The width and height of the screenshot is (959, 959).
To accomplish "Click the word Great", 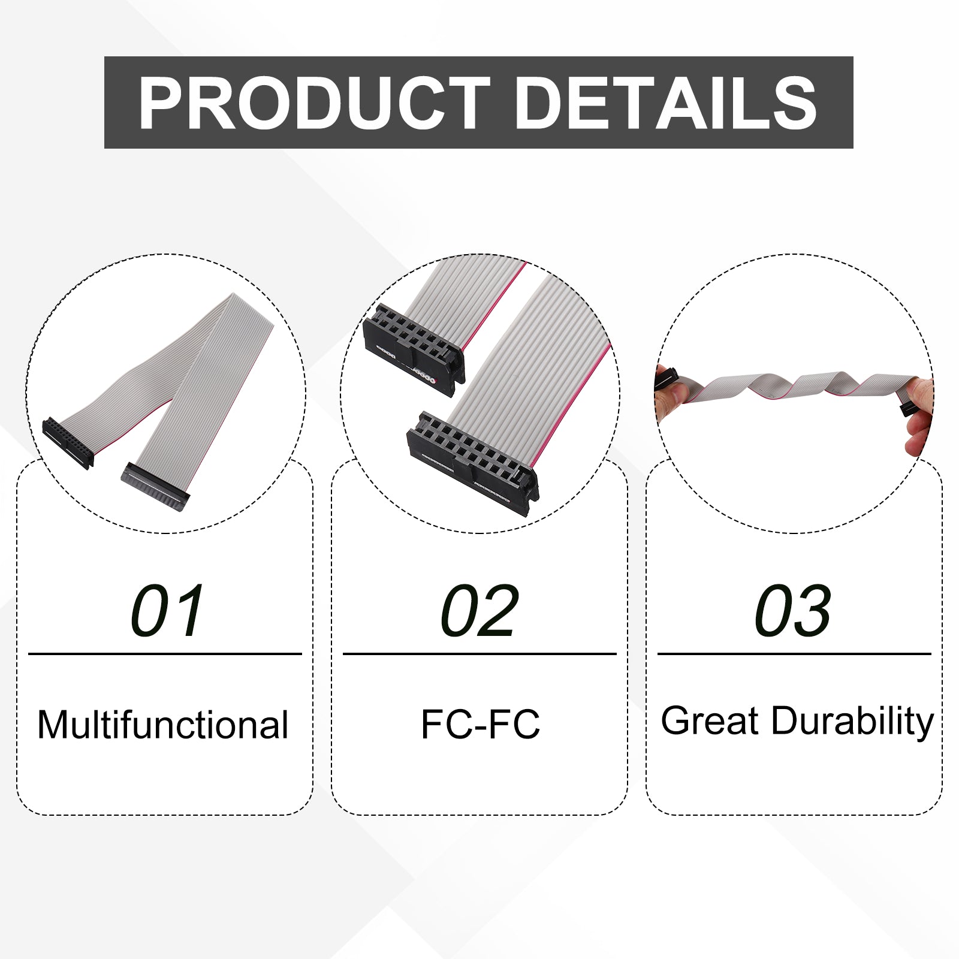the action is [710, 720].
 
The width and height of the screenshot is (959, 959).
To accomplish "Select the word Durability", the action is [852, 722].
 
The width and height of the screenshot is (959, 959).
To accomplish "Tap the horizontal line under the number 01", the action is [165, 654].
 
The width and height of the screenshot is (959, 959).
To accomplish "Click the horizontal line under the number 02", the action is [479, 654].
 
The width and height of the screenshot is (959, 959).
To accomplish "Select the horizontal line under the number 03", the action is [794, 654].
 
